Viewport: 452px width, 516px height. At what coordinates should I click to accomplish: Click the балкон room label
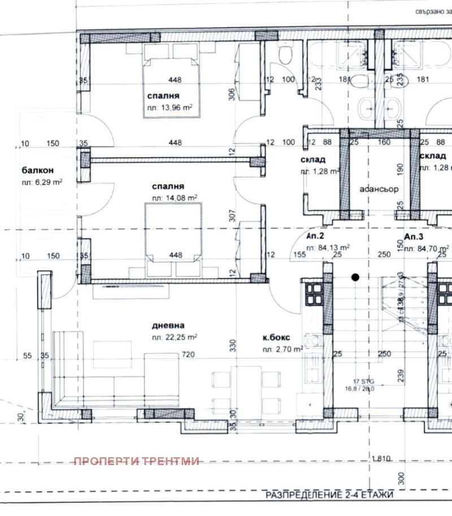[x=38, y=170]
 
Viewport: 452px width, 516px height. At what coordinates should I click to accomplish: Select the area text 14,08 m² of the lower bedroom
[x=174, y=198]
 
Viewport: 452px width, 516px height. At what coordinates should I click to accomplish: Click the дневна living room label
[x=168, y=326]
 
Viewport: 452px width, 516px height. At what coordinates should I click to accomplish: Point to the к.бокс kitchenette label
[x=276, y=338]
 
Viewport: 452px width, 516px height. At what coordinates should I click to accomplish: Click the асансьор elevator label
[x=379, y=189]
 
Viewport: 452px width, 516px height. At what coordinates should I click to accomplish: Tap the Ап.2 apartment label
[x=315, y=236]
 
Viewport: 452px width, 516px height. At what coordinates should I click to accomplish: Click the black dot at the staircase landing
[x=355, y=277]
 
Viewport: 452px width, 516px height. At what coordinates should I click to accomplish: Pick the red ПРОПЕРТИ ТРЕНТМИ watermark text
[x=137, y=461]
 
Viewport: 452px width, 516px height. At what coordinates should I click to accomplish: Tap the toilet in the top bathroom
[x=285, y=54]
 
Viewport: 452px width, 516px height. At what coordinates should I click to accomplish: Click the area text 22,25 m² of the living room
[x=174, y=337]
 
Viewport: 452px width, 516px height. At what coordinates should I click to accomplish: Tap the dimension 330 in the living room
[x=231, y=346]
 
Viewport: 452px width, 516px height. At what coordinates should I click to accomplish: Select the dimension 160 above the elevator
[x=384, y=142]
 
